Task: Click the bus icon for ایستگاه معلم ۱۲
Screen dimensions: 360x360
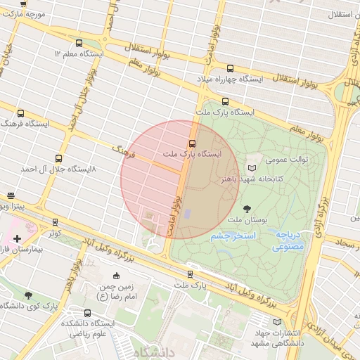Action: click(x=78, y=43)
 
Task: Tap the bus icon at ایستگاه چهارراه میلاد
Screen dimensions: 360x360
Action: click(x=230, y=68)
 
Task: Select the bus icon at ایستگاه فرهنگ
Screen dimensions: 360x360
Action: click(x=20, y=112)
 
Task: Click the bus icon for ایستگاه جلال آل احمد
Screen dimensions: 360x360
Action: click(x=58, y=158)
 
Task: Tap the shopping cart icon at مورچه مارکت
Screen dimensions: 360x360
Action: click(x=23, y=3)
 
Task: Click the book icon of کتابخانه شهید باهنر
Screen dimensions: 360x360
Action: click(x=252, y=168)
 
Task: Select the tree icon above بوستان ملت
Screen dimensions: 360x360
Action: click(x=247, y=209)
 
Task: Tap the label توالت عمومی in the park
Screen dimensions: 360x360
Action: click(x=286, y=160)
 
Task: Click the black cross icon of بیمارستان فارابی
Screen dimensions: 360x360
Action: click(x=17, y=239)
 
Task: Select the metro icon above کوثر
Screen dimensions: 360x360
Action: click(x=56, y=222)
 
